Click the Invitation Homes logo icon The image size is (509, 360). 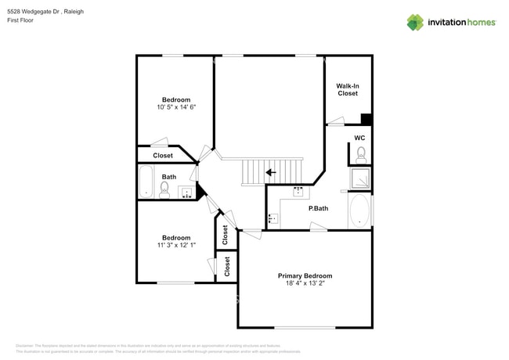[415, 22]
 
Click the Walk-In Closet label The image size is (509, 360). [347, 89]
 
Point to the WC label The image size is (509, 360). [359, 138]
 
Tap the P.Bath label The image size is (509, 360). [318, 208]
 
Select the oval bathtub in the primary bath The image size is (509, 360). [359, 211]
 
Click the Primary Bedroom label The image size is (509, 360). [305, 275]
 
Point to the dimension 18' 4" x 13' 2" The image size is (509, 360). [305, 284]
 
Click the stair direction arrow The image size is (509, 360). [269, 172]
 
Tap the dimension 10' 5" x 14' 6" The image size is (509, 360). [175, 107]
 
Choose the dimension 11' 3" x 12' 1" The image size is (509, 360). [175, 246]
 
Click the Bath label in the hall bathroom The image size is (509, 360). [169, 177]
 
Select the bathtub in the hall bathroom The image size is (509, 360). [146, 182]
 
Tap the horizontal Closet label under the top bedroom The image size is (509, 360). [163, 156]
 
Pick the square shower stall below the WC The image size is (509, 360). [360, 179]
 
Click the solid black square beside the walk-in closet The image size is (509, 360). [366, 120]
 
